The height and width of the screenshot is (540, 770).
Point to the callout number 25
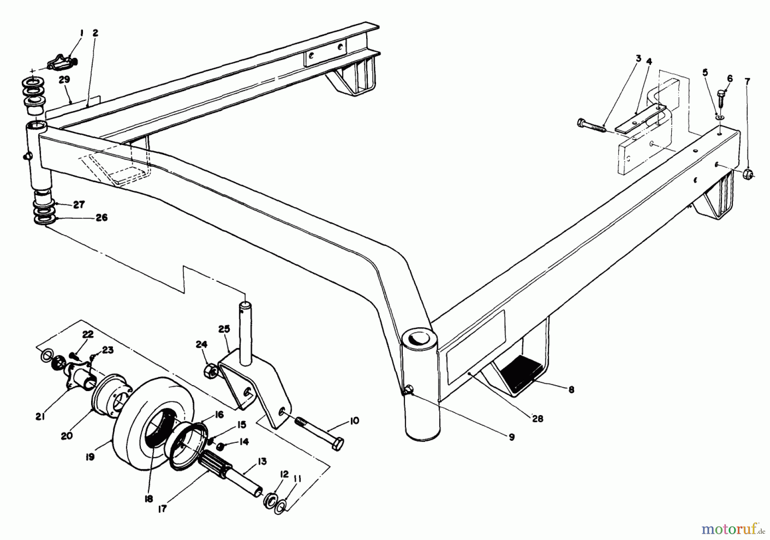point(224,329)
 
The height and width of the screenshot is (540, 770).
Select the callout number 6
point(730,79)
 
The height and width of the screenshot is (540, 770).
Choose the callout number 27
point(78,205)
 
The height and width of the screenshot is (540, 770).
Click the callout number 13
point(262,462)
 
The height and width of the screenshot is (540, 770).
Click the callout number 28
point(538,419)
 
